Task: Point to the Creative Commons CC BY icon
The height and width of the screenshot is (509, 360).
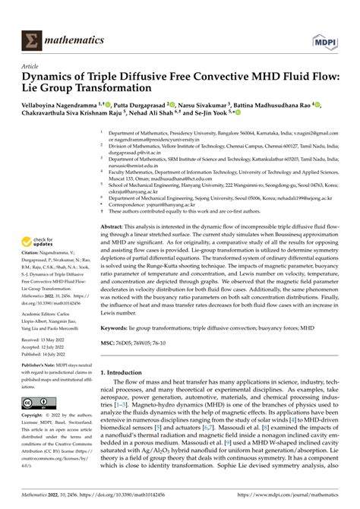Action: (x=37, y=422)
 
